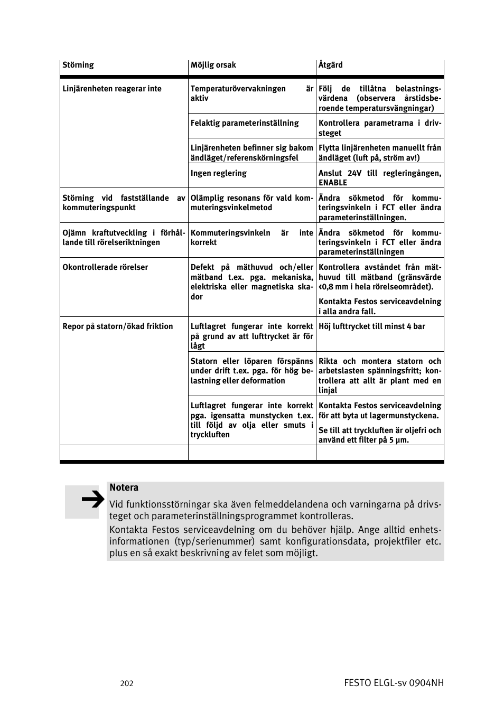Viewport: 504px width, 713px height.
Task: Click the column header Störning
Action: tap(78, 65)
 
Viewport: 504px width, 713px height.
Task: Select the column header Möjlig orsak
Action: tap(213, 65)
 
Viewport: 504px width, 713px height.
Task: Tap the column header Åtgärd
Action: tap(331, 65)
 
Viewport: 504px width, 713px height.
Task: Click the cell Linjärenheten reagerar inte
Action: tap(112, 89)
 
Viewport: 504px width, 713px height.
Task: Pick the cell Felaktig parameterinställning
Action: tap(245, 123)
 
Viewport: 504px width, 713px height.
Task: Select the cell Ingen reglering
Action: tap(219, 173)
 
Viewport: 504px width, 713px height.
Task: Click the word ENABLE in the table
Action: tap(333, 183)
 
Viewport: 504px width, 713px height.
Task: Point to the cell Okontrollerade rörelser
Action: tap(105, 267)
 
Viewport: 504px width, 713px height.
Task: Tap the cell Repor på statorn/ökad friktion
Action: tap(118, 326)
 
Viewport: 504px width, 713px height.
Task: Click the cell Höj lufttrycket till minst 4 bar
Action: tap(372, 326)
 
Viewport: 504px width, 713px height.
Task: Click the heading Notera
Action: tap(124, 487)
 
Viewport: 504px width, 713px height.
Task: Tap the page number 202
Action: tap(127, 683)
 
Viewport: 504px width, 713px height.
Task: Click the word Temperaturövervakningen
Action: tap(238, 89)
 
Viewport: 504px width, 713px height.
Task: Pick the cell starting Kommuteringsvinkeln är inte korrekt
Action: tap(251, 238)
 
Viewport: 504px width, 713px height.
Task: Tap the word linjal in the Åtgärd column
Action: tap(328, 390)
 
